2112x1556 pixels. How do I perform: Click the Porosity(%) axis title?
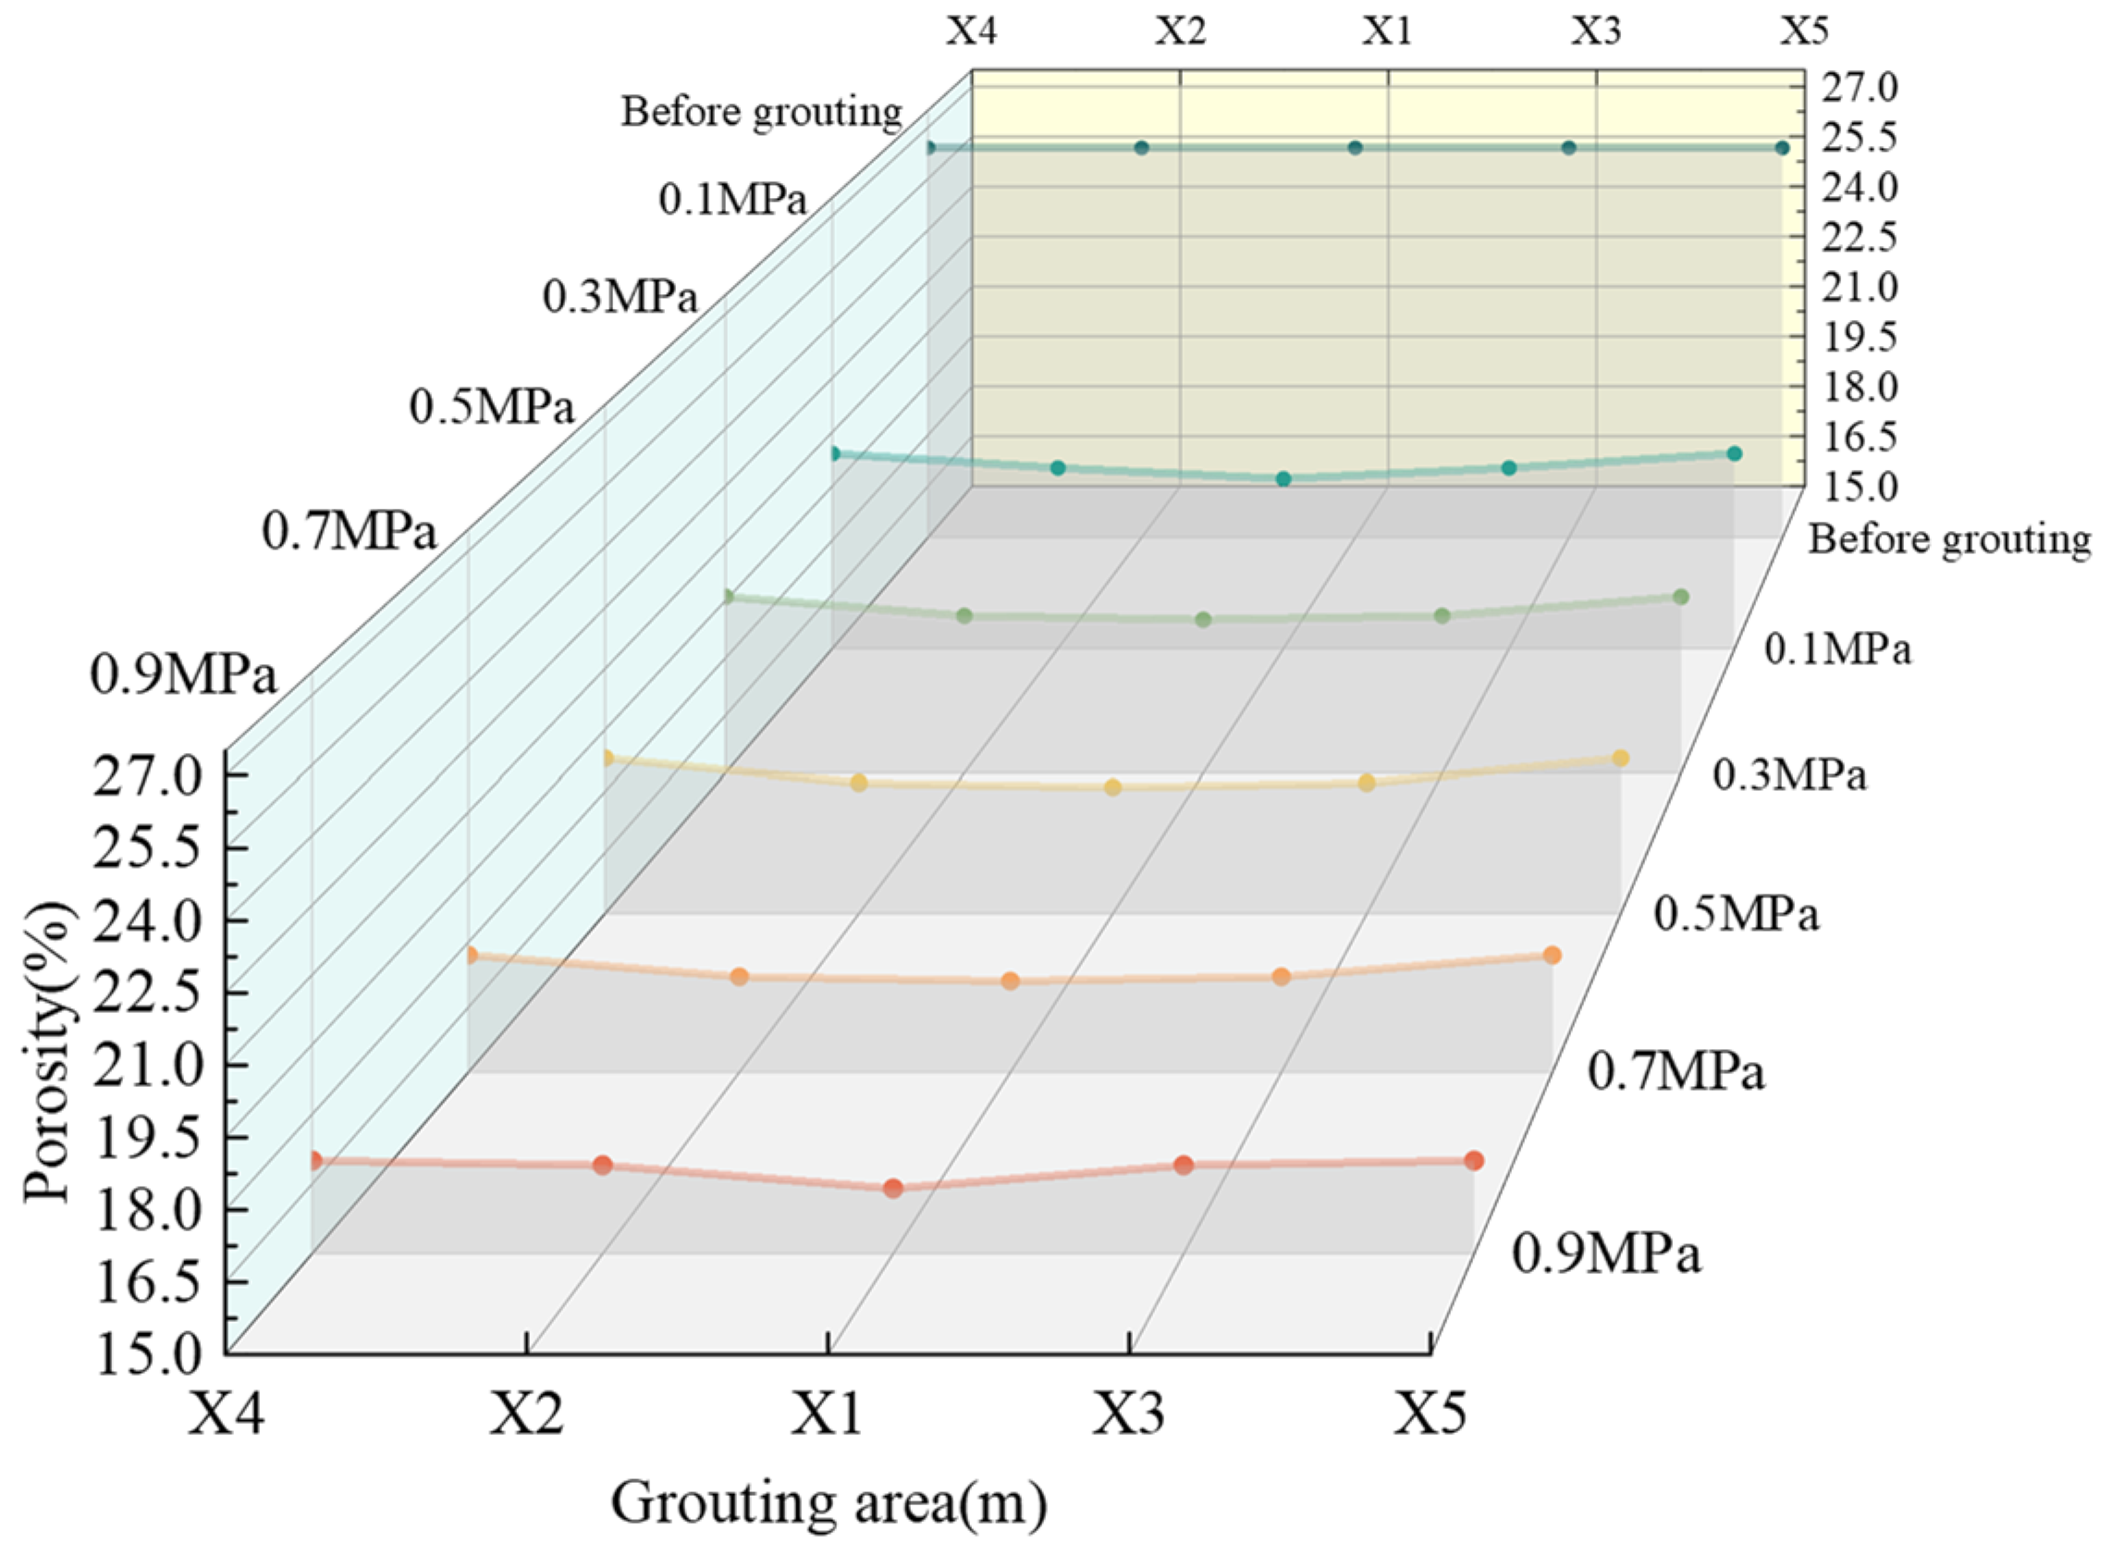[47, 1052]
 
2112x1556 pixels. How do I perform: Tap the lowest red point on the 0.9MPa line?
[892, 1188]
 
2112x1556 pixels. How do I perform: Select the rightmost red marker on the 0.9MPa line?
[1474, 1160]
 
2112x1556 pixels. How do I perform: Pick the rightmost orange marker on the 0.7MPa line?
[1552, 955]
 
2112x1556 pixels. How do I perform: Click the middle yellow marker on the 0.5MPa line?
[1113, 786]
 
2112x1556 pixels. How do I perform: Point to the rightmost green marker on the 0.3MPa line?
[1681, 596]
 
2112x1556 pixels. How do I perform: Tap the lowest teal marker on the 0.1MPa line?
[1283, 478]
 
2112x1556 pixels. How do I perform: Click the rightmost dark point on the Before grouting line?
[1782, 148]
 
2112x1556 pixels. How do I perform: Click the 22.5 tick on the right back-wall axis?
[1859, 238]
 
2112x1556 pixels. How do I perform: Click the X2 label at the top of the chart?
[1180, 32]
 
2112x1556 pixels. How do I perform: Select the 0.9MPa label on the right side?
[1606, 1255]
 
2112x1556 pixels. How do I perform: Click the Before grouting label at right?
[1949, 539]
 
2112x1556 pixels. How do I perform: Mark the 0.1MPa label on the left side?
[732, 200]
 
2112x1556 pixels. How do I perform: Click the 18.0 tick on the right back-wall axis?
[1859, 386]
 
